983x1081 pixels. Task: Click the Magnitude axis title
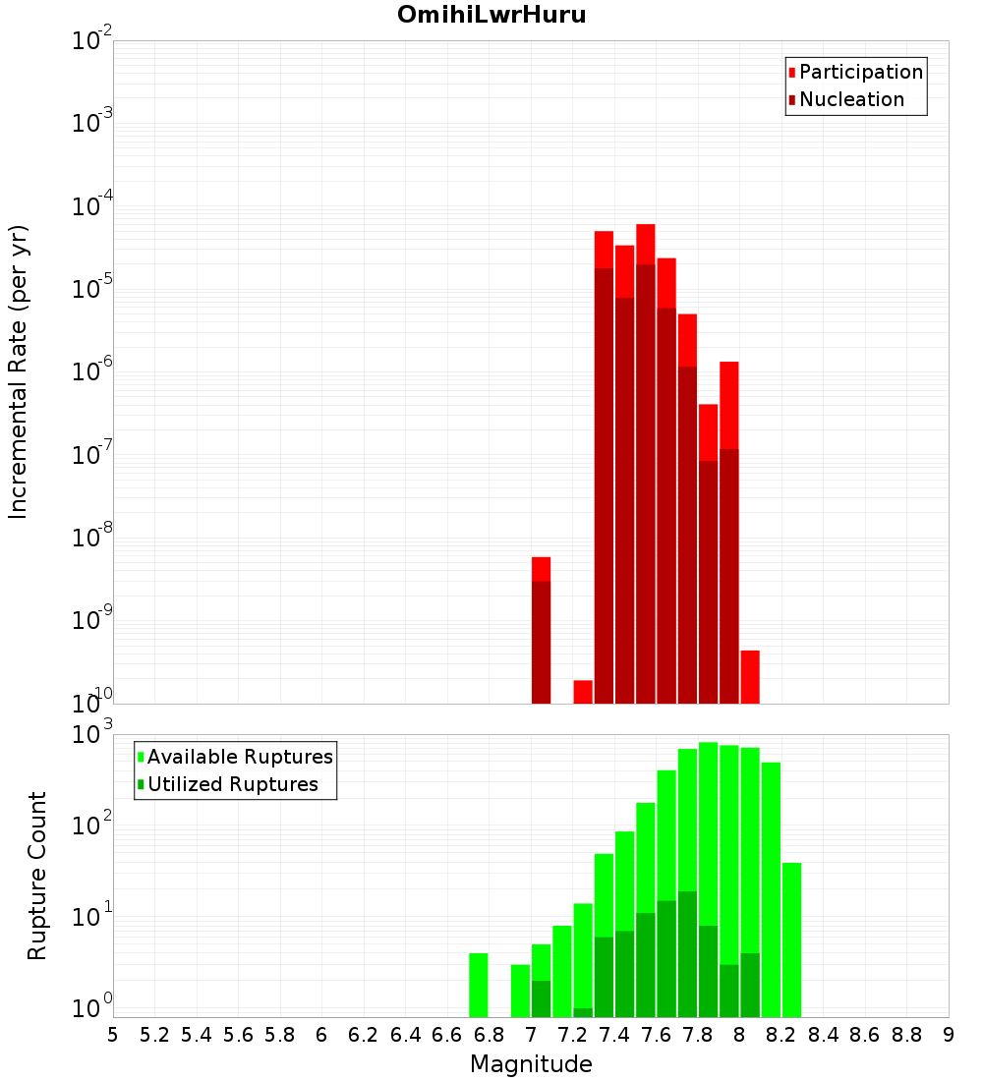pyautogui.click(x=531, y=1064)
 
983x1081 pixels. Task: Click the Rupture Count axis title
pyautogui.click(x=37, y=876)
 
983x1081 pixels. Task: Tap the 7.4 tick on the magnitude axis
pyautogui.click(x=614, y=1035)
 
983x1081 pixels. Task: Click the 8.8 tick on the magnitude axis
pyautogui.click(x=906, y=1035)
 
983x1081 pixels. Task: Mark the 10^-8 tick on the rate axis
pyautogui.click(x=92, y=538)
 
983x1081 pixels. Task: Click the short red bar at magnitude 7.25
pyautogui.click(x=583, y=692)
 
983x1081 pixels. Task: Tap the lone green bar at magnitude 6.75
pyautogui.click(x=479, y=985)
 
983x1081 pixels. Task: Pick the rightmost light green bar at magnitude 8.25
pyautogui.click(x=791, y=939)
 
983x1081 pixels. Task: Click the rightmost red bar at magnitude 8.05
pyautogui.click(x=750, y=676)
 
